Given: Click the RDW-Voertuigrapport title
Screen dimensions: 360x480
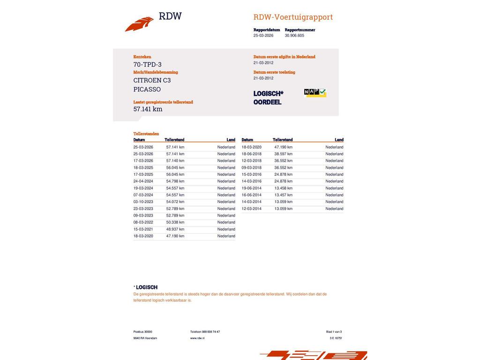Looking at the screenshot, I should (293, 17).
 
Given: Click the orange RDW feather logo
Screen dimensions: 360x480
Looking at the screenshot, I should (139, 24).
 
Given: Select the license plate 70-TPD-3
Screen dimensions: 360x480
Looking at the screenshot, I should (147, 65).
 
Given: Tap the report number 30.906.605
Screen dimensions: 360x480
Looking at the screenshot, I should (294, 36).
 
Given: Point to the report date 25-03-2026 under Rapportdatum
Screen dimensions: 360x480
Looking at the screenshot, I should (263, 36).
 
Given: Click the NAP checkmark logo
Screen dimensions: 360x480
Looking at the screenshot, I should (315, 93).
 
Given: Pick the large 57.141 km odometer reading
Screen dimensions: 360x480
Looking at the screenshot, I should (148, 109).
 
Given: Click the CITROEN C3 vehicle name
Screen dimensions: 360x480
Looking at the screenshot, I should (152, 80).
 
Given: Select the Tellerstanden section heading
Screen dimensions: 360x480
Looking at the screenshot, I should (146, 134).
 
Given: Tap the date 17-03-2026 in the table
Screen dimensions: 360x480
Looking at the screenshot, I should (143, 161).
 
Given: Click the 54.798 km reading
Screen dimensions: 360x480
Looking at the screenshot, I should (175, 181).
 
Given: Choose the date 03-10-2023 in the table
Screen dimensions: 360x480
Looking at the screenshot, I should (143, 202).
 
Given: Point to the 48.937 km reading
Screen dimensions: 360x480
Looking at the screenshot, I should (175, 229).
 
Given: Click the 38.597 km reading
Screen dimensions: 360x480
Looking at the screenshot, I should (283, 154).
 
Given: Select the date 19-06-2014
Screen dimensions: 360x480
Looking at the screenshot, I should (251, 188).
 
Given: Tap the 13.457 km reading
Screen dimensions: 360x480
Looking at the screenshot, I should (283, 195).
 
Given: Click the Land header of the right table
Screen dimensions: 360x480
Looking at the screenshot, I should (339, 140).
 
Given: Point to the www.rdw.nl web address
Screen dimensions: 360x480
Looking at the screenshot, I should (197, 338).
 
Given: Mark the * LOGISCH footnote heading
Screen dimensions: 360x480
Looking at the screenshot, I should (145, 287).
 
